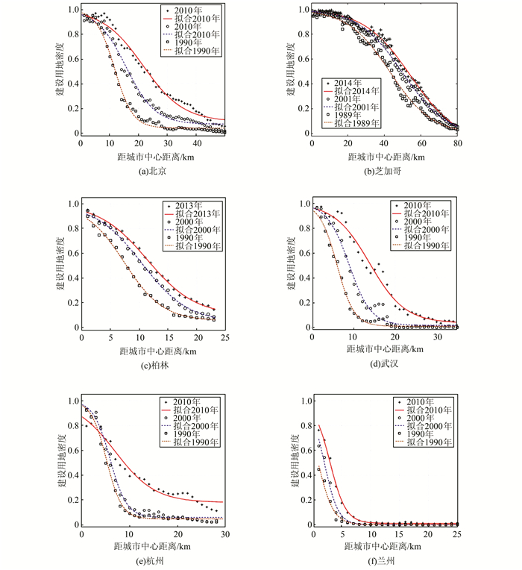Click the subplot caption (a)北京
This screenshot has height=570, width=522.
pyautogui.click(x=154, y=171)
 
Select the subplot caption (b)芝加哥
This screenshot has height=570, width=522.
pyautogui.click(x=386, y=171)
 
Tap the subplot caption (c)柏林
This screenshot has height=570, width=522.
pyautogui.click(x=154, y=366)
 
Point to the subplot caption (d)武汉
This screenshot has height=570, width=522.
pyautogui.click(x=386, y=366)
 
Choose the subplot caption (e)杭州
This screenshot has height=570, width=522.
pyautogui.click(x=154, y=562)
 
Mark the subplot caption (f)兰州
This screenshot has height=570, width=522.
pyautogui.click(x=386, y=562)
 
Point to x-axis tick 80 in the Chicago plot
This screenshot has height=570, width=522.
pyautogui.click(x=458, y=144)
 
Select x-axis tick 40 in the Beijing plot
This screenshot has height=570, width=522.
pyautogui.click(x=198, y=144)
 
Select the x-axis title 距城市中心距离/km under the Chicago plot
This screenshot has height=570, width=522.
pyautogui.click(x=386, y=157)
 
